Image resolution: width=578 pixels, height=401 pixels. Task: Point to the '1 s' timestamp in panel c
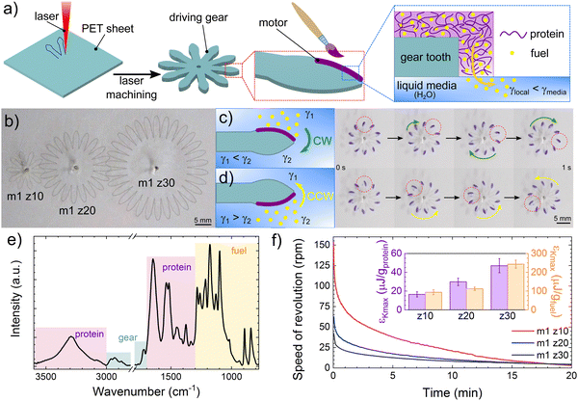(x=564, y=166)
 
